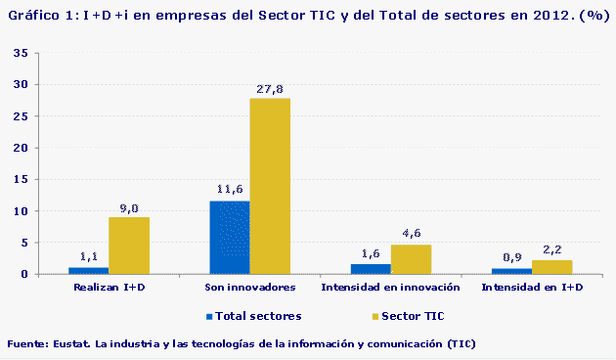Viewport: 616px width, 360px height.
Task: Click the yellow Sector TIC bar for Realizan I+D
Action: coord(128,246)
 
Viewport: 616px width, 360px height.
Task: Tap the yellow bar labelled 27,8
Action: coord(270,186)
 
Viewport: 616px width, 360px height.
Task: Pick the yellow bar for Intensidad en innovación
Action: coord(411,259)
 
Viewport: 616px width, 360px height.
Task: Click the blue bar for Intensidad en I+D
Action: coord(511,271)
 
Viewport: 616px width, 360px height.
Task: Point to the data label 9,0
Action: coord(129,208)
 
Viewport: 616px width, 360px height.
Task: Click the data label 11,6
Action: coord(229,189)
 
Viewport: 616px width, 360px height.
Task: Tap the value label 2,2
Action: coord(552,249)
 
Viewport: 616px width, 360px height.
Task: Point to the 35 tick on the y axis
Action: coord(20,54)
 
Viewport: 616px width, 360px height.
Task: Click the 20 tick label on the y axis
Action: coord(20,148)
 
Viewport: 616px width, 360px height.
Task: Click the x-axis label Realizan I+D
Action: coord(110,288)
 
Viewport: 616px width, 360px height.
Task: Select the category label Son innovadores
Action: coord(250,288)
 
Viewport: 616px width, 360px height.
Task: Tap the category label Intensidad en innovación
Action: coord(390,288)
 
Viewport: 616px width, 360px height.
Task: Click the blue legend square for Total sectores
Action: coord(209,317)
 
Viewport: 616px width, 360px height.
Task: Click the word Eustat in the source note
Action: coord(72,344)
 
